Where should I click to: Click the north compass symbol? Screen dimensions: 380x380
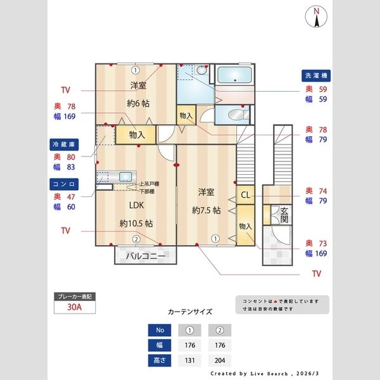316,17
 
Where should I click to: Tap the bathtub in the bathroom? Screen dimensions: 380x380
234,77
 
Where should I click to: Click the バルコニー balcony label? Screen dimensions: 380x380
145,256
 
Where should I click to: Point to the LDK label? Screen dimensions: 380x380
137,205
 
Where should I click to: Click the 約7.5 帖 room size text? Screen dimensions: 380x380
206,210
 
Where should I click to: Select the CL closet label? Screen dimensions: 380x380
244,195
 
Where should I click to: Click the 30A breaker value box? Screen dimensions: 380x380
75,308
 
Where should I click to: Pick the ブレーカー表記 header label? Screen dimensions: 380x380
75,296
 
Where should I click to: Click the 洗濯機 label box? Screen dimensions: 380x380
315,75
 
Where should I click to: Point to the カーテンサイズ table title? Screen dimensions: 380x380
189,312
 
